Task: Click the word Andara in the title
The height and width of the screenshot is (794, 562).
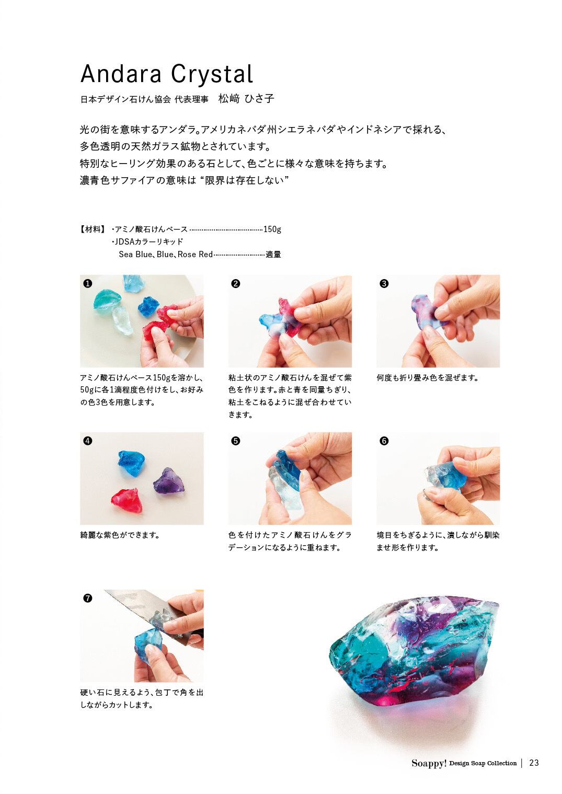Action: click(120, 74)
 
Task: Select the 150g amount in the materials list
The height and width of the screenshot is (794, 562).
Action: click(272, 229)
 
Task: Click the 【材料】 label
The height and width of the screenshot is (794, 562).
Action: click(93, 229)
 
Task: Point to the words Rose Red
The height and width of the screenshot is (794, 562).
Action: click(195, 255)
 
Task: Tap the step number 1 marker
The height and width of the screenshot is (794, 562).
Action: click(87, 283)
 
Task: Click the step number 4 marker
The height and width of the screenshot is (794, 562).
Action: click(87, 441)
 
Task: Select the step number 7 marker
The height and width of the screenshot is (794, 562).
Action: click(87, 599)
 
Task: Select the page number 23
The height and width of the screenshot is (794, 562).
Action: click(533, 763)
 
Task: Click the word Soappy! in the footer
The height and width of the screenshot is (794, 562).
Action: click(429, 763)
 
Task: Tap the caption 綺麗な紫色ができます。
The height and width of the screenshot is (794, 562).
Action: click(119, 535)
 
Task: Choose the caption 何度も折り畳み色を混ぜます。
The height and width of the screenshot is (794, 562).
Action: click(428, 377)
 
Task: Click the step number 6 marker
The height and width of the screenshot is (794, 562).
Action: click(384, 441)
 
